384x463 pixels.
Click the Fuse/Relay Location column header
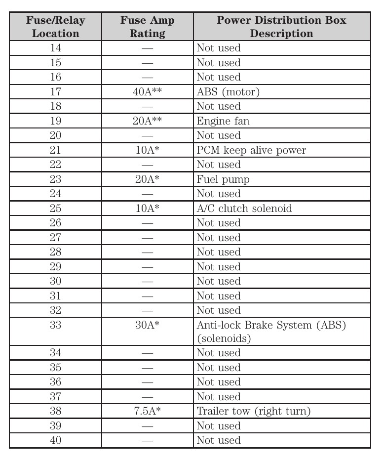click(x=55, y=27)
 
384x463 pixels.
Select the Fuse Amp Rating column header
click(x=147, y=27)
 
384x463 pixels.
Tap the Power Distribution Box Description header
click(x=281, y=27)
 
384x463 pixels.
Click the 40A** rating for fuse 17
click(x=147, y=92)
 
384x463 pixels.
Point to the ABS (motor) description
click(x=228, y=92)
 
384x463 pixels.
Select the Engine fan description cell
click(x=223, y=121)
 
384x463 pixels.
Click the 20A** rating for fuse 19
click(x=147, y=121)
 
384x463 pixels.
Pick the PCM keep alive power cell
click(x=251, y=150)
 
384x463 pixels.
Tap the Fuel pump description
click(x=223, y=179)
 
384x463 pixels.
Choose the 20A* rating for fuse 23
click(x=147, y=179)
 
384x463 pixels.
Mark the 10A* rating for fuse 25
click(x=147, y=209)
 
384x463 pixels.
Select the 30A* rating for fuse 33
click(x=147, y=325)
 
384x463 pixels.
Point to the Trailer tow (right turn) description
click(x=254, y=411)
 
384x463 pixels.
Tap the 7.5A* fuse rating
click(x=147, y=411)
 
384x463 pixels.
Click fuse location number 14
click(x=55, y=48)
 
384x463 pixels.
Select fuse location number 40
click(x=55, y=440)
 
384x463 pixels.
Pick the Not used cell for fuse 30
click(x=219, y=281)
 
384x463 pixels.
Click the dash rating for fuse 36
click(x=147, y=382)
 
